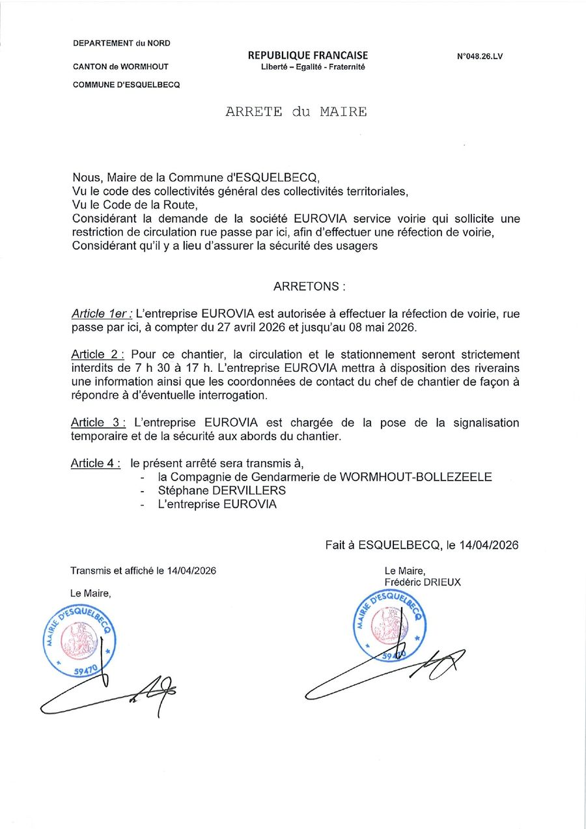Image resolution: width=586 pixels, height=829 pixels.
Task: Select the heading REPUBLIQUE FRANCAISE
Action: (x=307, y=55)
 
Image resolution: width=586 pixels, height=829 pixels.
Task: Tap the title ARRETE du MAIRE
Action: (x=296, y=111)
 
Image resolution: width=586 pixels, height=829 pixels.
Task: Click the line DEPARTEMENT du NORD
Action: (x=122, y=43)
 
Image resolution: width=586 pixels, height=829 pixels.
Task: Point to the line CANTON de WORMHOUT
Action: (x=121, y=66)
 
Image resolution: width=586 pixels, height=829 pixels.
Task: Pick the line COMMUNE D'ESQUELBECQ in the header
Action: (x=126, y=85)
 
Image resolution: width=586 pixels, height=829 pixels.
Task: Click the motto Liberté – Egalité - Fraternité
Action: (x=309, y=66)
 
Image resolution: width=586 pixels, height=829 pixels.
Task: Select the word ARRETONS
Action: (x=305, y=286)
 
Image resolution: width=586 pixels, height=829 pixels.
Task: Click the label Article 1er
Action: (x=101, y=314)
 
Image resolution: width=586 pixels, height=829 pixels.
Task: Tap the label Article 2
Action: (x=98, y=355)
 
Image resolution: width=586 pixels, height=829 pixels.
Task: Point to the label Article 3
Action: (x=98, y=423)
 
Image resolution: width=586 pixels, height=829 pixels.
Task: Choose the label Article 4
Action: (x=96, y=463)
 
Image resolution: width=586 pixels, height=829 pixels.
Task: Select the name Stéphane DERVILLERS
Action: (x=221, y=490)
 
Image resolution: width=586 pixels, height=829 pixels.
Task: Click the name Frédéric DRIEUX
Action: (x=423, y=582)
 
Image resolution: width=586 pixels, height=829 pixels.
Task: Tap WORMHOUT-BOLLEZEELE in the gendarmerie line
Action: (x=416, y=477)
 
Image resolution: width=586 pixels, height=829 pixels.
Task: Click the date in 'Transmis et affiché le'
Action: (x=191, y=570)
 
